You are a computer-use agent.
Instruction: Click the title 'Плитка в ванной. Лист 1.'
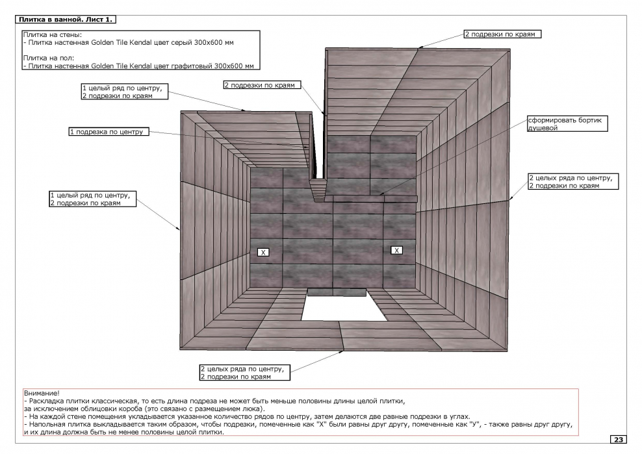pyautogui.click(x=66, y=19)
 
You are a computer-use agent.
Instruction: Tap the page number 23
pyautogui.click(x=619, y=440)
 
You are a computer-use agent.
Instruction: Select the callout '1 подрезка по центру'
pyautogui.click(x=106, y=132)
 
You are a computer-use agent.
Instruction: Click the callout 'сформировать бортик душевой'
pyautogui.click(x=558, y=124)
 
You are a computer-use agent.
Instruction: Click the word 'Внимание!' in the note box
pyautogui.click(x=41, y=394)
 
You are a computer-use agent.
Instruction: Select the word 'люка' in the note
pyautogui.click(x=253, y=409)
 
